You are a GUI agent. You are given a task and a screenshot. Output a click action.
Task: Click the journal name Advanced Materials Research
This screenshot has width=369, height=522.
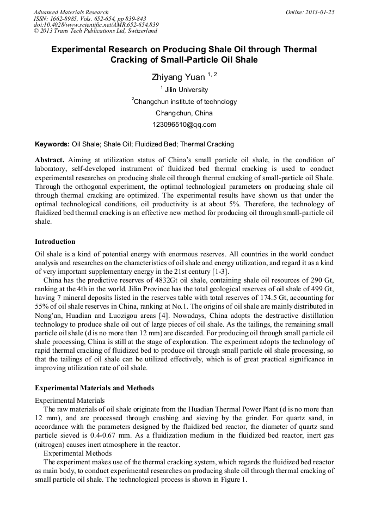[x=71, y=12]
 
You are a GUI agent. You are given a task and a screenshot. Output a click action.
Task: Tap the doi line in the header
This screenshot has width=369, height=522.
[x=96, y=24]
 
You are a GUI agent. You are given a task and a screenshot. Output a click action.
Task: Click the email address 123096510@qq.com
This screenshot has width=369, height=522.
[x=184, y=125]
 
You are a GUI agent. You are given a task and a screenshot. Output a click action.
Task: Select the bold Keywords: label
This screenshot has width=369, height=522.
[x=52, y=144]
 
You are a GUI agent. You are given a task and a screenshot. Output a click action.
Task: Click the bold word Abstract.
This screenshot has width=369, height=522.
[x=50, y=160]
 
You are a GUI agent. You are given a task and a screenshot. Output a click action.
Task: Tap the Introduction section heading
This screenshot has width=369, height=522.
[x=55, y=242]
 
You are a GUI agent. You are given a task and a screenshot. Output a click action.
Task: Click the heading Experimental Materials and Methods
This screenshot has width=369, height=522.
[x=94, y=388]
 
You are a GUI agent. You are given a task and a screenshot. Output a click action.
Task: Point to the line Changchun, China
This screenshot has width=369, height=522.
[x=184, y=113]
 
